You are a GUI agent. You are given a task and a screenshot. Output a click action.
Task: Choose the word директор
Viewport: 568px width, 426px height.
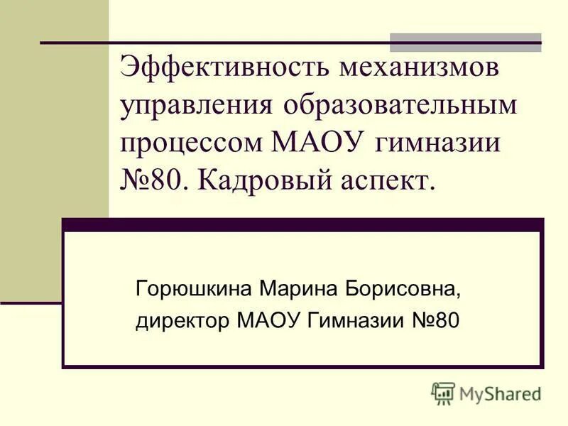pos(182,322)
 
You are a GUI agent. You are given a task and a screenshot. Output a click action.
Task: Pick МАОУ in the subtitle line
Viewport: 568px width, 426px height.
pos(269,322)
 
